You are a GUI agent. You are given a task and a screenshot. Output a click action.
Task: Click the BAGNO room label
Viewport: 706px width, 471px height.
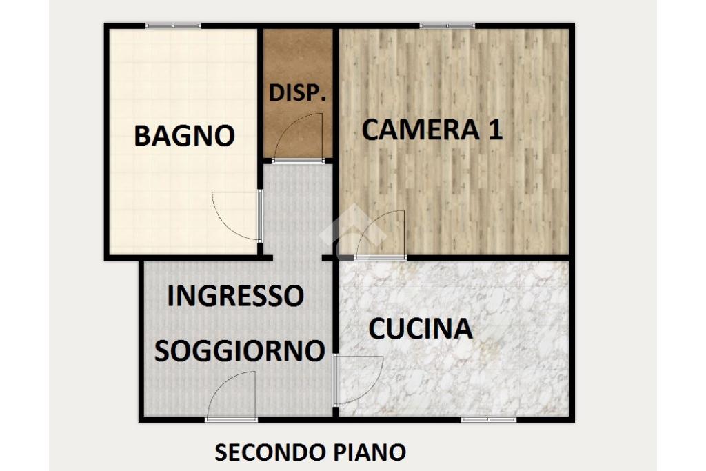(x=185, y=135)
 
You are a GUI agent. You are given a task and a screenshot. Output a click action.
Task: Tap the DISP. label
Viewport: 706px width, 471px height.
(x=297, y=93)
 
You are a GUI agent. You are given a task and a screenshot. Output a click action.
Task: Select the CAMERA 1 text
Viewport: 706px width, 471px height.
(x=432, y=130)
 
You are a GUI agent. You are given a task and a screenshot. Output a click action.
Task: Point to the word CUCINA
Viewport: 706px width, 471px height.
(x=421, y=329)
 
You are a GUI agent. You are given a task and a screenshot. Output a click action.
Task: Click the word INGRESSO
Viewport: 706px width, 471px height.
(x=236, y=296)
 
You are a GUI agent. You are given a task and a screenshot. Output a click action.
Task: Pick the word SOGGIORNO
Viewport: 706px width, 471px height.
(x=239, y=351)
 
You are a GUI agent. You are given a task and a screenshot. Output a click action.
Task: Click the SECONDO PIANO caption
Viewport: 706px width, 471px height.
(x=310, y=452)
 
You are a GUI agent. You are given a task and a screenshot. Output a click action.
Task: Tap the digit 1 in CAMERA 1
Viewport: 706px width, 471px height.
(x=495, y=130)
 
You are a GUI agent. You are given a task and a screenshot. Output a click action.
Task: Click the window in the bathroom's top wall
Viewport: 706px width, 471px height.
(x=173, y=26)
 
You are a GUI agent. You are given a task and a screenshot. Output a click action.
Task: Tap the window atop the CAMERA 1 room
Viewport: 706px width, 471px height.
(x=447, y=26)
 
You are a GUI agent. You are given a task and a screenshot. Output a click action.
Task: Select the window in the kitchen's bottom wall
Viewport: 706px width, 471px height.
(x=489, y=420)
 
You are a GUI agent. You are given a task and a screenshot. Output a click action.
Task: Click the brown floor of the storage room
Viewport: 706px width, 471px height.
(x=298, y=59)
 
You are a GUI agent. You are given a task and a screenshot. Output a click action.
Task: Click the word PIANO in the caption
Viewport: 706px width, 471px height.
(x=370, y=452)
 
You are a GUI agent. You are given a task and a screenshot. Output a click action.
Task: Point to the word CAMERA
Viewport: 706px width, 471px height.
(x=421, y=130)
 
